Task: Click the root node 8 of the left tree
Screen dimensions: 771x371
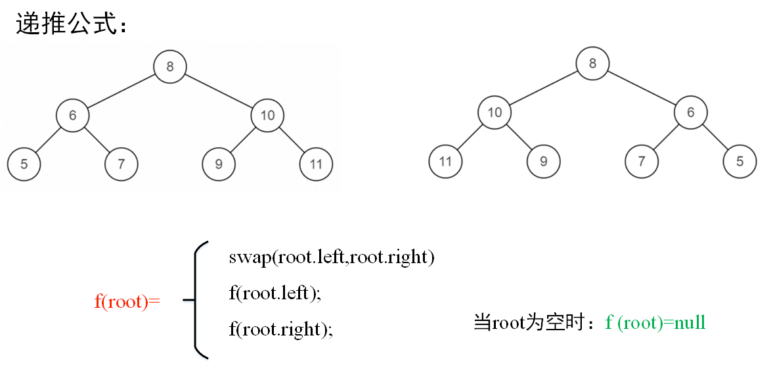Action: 170,66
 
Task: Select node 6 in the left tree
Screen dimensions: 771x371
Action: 72,116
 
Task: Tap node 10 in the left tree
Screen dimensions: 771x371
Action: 267,116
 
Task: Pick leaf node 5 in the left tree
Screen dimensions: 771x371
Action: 24,164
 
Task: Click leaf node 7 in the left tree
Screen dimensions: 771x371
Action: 121,164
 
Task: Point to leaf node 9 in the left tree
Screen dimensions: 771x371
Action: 219,164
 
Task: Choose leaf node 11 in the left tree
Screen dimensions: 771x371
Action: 316,164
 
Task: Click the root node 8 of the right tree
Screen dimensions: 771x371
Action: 592,64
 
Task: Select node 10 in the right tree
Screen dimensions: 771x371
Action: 495,112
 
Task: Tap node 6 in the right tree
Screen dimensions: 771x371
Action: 690,112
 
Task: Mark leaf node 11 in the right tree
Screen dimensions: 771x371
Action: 446,161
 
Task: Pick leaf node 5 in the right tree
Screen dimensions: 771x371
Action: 739,161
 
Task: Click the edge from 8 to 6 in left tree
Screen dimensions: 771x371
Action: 121,91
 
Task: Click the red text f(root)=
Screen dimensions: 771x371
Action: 127,302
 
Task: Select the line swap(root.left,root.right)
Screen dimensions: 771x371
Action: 332,257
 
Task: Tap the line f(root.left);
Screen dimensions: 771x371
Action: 275,293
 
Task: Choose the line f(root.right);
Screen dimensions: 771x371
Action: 280,329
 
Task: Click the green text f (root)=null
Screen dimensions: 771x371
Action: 655,322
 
